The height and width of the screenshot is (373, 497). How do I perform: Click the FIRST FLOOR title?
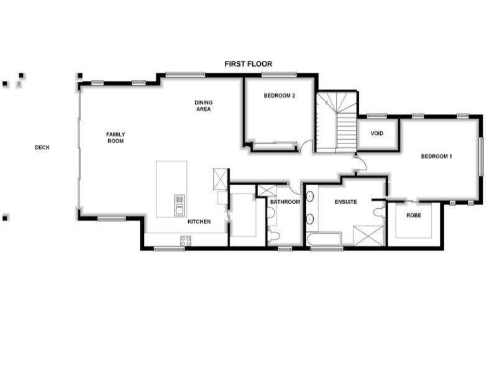pos(248,64)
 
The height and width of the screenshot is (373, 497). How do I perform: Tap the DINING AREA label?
pos(203,106)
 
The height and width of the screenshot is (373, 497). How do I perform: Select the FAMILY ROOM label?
pos(116,137)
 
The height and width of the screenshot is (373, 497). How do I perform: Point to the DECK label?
pos(42,147)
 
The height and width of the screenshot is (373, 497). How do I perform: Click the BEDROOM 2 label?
pos(279,96)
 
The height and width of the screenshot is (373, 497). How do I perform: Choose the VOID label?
pos(376,134)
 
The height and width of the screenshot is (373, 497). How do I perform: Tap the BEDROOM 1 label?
pos(436,156)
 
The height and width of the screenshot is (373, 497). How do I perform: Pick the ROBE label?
pos(413,215)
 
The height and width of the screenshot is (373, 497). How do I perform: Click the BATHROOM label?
pos(285,202)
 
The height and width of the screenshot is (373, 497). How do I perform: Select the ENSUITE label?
pos(345,202)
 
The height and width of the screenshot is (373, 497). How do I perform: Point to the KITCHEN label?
pos(199,222)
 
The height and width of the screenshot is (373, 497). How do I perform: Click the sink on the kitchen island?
pos(180,202)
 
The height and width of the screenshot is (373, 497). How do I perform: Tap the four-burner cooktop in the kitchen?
pos(185,241)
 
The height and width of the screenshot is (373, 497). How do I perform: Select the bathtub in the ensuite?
pos(324,239)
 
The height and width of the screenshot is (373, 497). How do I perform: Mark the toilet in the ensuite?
pos(378,211)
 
